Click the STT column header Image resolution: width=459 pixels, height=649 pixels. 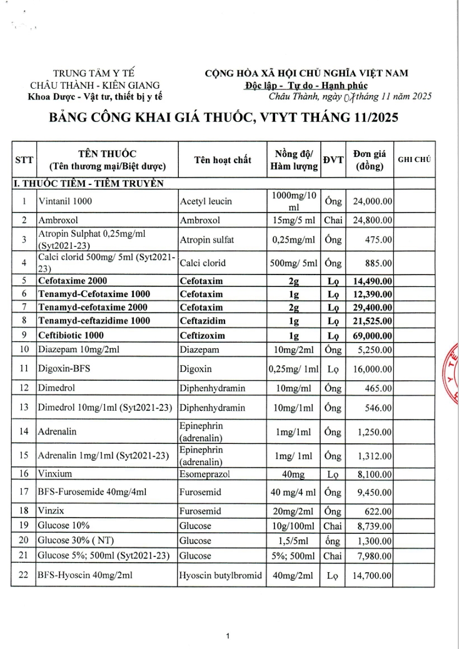tap(24, 160)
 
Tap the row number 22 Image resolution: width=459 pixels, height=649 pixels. tap(24, 575)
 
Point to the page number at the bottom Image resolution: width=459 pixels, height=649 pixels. tap(229, 636)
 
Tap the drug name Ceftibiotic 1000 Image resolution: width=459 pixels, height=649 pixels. tap(71, 336)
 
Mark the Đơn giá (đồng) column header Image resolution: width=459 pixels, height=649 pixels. tap(369, 160)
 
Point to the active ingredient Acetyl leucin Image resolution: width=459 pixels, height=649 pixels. tap(206, 201)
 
